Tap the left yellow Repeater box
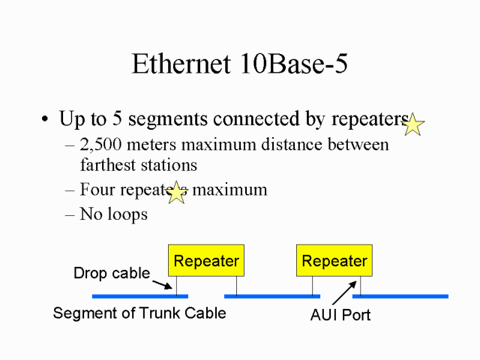(x=206, y=261)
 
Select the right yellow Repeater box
(x=334, y=261)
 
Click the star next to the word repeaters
(x=413, y=124)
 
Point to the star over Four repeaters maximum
(x=176, y=193)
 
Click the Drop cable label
(x=112, y=273)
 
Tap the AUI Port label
(x=340, y=315)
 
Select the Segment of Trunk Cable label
(x=139, y=313)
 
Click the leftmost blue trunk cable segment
(x=139, y=296)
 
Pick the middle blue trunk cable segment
(x=272, y=296)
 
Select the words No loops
(x=114, y=214)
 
